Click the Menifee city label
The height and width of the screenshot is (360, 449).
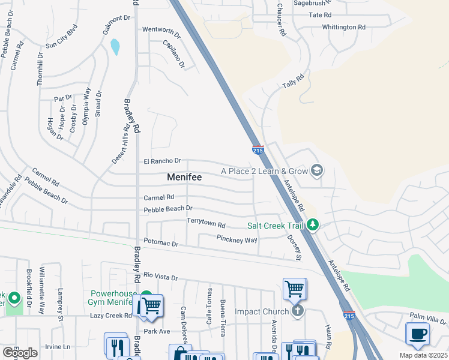[184, 178]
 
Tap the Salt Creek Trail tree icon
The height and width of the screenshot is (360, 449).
[312, 225]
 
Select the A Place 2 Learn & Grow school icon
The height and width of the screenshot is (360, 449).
[316, 172]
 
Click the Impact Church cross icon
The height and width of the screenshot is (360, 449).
[297, 311]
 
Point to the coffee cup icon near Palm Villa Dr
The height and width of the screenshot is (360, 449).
[417, 334]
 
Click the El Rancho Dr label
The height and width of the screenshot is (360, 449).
[162, 161]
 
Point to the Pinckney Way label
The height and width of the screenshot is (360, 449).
[237, 239]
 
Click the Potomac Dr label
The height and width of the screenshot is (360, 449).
[161, 244]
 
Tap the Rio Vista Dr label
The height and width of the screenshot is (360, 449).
[161, 277]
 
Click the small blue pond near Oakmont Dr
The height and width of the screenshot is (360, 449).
[115, 46]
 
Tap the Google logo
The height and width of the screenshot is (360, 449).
[20, 353]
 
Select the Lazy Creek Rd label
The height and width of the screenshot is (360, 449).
[110, 315]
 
